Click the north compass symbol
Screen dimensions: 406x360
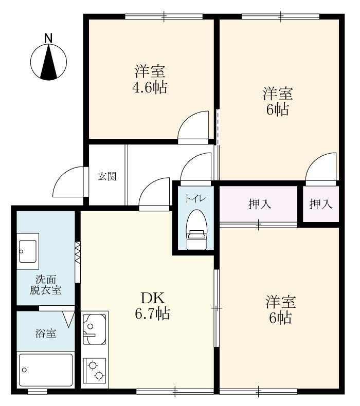tap(49, 62)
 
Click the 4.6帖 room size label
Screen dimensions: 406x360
tap(150, 87)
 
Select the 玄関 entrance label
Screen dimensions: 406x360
tap(107, 176)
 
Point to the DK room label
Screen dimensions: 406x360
tap(153, 298)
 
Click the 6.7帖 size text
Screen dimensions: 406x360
tap(153, 313)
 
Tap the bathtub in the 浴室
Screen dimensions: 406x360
tap(45, 370)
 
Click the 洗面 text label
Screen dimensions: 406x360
tap(45, 280)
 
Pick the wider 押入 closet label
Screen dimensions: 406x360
tap(259, 205)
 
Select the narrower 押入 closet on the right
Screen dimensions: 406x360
tap(320, 205)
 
